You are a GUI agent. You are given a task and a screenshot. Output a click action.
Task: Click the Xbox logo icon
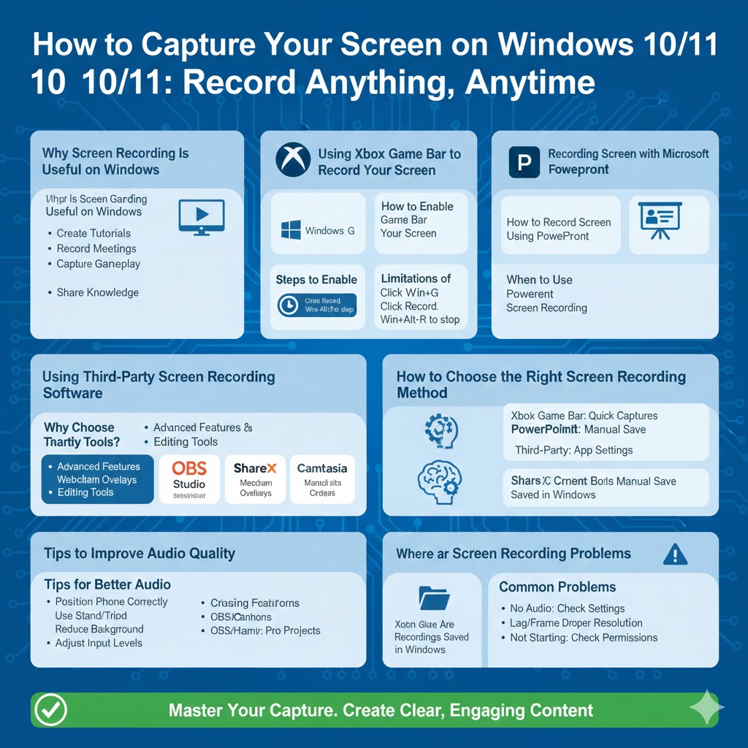point(293,160)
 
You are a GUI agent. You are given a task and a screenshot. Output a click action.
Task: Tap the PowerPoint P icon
point(524,162)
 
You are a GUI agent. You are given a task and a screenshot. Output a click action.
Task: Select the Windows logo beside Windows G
point(290,231)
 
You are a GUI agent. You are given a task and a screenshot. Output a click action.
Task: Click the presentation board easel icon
point(660,220)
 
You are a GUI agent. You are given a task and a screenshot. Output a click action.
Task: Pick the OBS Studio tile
point(189,479)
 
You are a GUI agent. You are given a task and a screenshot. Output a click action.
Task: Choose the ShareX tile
point(255,479)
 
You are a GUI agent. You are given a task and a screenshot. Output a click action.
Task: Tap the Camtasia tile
point(322,479)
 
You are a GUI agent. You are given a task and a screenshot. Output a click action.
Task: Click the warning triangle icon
point(674,554)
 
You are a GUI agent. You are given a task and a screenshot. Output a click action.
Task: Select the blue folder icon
point(434,598)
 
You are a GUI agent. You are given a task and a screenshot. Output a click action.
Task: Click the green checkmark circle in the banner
point(50,709)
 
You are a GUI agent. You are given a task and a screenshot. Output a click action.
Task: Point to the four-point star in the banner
point(706,709)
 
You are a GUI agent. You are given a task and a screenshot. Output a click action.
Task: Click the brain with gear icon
point(440,481)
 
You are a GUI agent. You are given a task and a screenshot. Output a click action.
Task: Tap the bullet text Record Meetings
point(96,248)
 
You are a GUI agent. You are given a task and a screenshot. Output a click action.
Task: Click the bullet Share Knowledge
point(97,292)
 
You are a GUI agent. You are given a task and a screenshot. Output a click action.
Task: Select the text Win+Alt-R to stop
point(420,320)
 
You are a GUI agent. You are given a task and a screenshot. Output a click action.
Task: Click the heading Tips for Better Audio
point(107,584)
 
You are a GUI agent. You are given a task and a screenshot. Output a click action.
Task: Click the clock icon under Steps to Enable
point(289,305)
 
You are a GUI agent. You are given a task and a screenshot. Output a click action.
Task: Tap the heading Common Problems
point(557,587)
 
